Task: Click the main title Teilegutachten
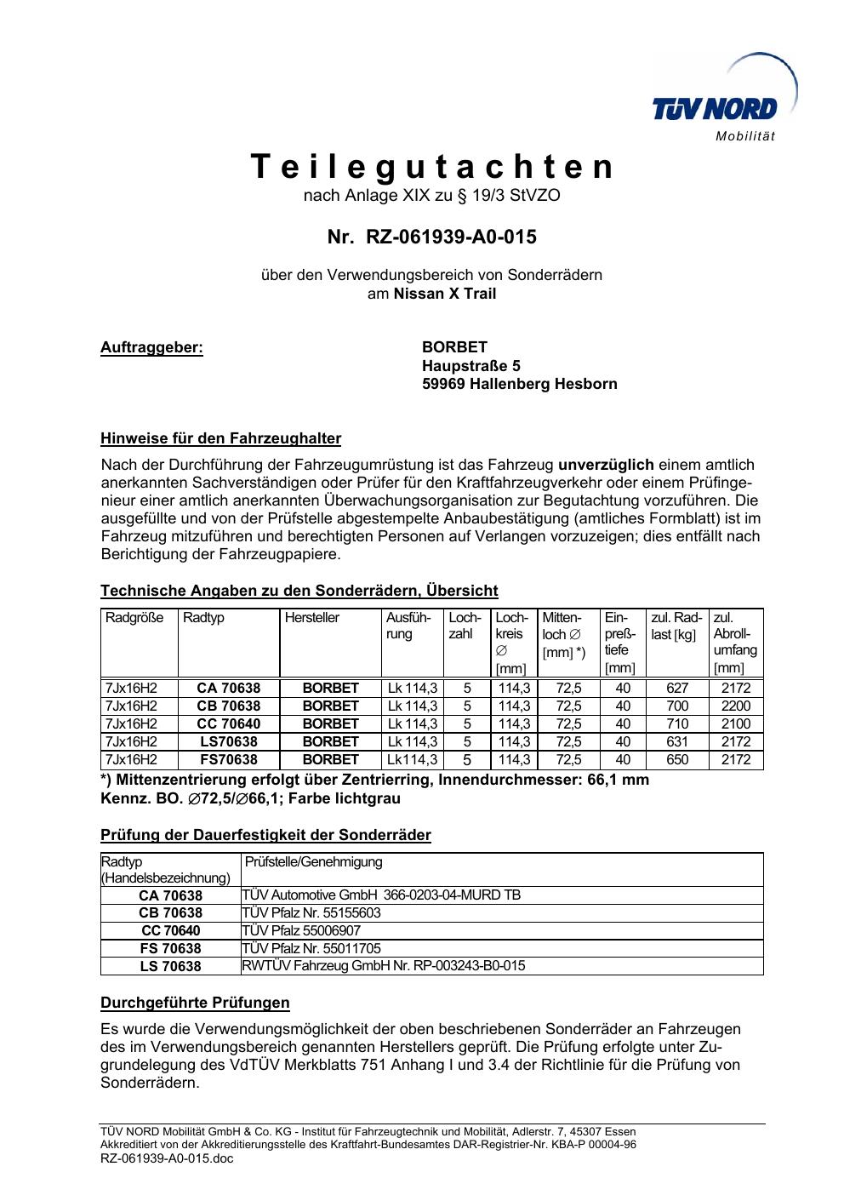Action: click(431, 167)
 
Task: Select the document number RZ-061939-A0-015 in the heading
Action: click(450, 237)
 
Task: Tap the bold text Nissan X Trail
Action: click(445, 294)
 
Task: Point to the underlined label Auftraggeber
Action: click(151, 347)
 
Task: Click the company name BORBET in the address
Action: click(454, 347)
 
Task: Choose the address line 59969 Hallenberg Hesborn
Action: click(519, 384)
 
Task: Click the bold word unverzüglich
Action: click(605, 465)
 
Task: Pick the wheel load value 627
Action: click(677, 688)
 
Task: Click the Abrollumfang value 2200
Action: click(736, 706)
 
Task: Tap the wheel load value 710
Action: click(677, 723)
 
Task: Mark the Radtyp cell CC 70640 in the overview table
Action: click(228, 723)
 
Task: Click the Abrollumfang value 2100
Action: click(736, 723)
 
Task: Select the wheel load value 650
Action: click(677, 759)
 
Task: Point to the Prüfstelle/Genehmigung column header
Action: click(314, 861)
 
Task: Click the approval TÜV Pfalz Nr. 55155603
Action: click(311, 912)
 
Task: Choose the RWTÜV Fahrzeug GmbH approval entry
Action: click(384, 965)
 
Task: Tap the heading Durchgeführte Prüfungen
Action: click(195, 1002)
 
